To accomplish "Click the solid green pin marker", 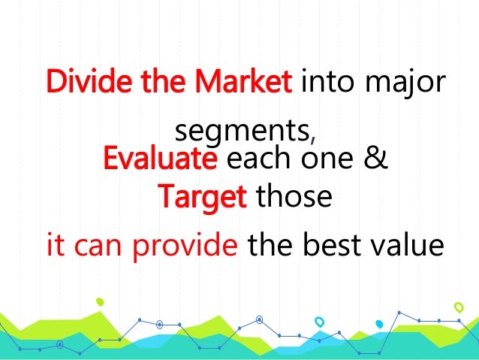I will point(100,301).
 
